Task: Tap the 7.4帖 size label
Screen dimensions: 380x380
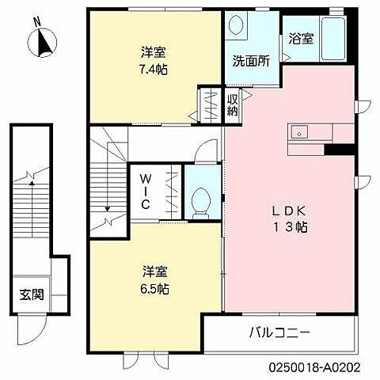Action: pos(154,68)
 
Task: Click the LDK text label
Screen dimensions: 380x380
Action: pos(290,211)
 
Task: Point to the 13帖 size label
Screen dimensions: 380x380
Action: pos(291,227)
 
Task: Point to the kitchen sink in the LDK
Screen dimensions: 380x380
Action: pos(299,131)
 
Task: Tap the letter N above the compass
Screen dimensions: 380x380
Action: pos(36,20)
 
